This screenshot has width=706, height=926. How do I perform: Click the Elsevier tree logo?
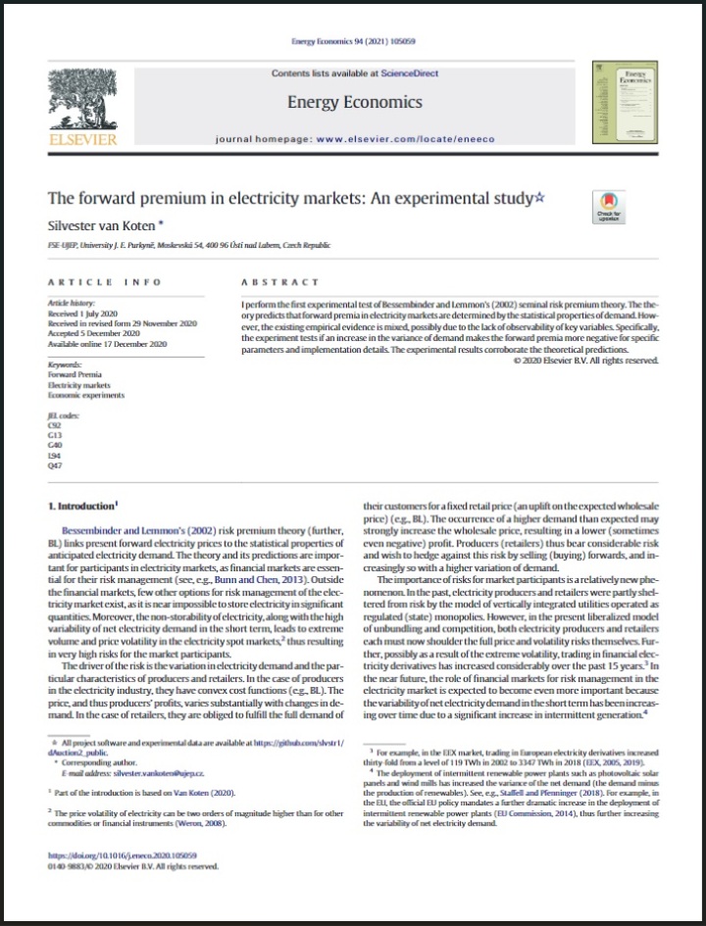pyautogui.click(x=82, y=102)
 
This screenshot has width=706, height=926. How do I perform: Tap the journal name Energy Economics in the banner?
pyautogui.click(x=354, y=102)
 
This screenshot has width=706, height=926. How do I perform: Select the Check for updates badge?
pyautogui.click(x=609, y=208)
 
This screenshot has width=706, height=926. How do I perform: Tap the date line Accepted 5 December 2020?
pyautogui.click(x=94, y=334)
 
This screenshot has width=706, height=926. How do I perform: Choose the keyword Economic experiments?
pyautogui.click(x=86, y=395)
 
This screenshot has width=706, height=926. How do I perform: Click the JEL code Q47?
pyautogui.click(x=55, y=465)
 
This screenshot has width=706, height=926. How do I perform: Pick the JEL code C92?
pyautogui.click(x=55, y=426)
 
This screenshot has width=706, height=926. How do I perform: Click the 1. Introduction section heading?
pyautogui.click(x=83, y=508)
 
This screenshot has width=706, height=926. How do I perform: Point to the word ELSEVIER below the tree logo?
pyautogui.click(x=82, y=139)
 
